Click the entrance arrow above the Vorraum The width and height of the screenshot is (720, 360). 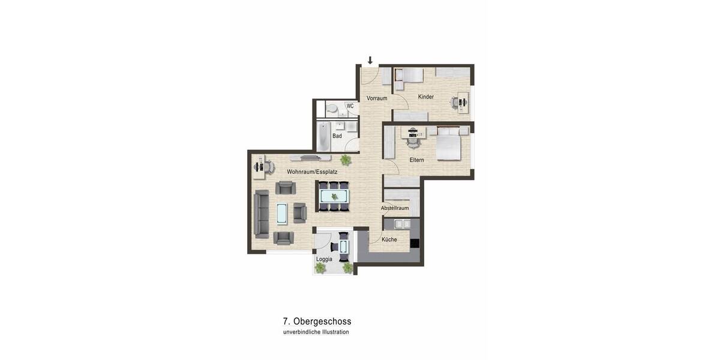click(370, 60)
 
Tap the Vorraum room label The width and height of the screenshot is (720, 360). click(377, 98)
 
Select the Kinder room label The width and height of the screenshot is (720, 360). click(426, 97)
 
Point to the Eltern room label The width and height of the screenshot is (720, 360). click(417, 160)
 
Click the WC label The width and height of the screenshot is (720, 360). click(350, 106)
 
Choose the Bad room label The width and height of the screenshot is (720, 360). click(337, 136)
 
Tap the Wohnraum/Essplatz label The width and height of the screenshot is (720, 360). click(312, 172)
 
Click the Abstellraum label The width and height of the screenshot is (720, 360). click(395, 208)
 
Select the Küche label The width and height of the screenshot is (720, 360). click(389, 239)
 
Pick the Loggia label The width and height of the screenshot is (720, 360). click(325, 259)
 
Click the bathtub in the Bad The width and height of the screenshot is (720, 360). click(323, 136)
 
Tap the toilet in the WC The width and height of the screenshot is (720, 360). click(332, 109)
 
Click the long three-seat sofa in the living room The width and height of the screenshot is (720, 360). click(262, 214)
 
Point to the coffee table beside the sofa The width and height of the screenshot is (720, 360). click(281, 213)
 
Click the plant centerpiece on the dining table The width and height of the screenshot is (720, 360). click(334, 196)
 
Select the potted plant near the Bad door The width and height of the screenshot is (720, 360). click(346, 160)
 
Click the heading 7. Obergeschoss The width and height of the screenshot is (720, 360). click(317, 322)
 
